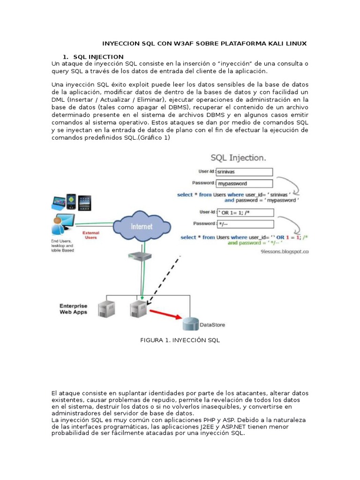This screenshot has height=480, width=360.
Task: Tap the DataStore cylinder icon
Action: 190,323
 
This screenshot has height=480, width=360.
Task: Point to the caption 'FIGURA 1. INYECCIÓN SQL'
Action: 180,340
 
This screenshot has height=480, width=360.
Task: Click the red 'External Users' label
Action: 90,235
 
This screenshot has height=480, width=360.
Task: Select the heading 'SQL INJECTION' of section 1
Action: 98,57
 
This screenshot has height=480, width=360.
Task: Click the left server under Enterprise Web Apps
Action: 106,309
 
